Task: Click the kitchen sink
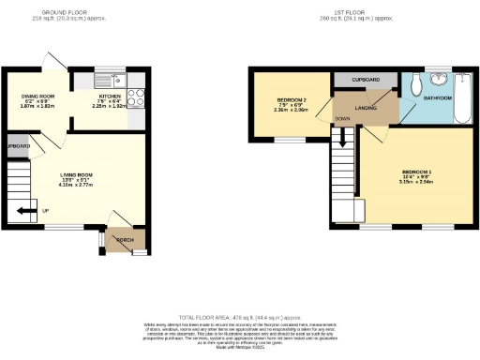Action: [112, 80]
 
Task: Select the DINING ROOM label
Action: [39, 95]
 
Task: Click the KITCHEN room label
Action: [111, 97]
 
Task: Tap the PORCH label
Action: [123, 240]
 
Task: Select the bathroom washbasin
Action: [441, 79]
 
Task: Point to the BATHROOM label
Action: [437, 97]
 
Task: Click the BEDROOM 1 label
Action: [417, 172]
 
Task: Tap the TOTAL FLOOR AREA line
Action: [239, 319]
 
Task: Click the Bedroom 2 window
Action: [284, 140]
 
